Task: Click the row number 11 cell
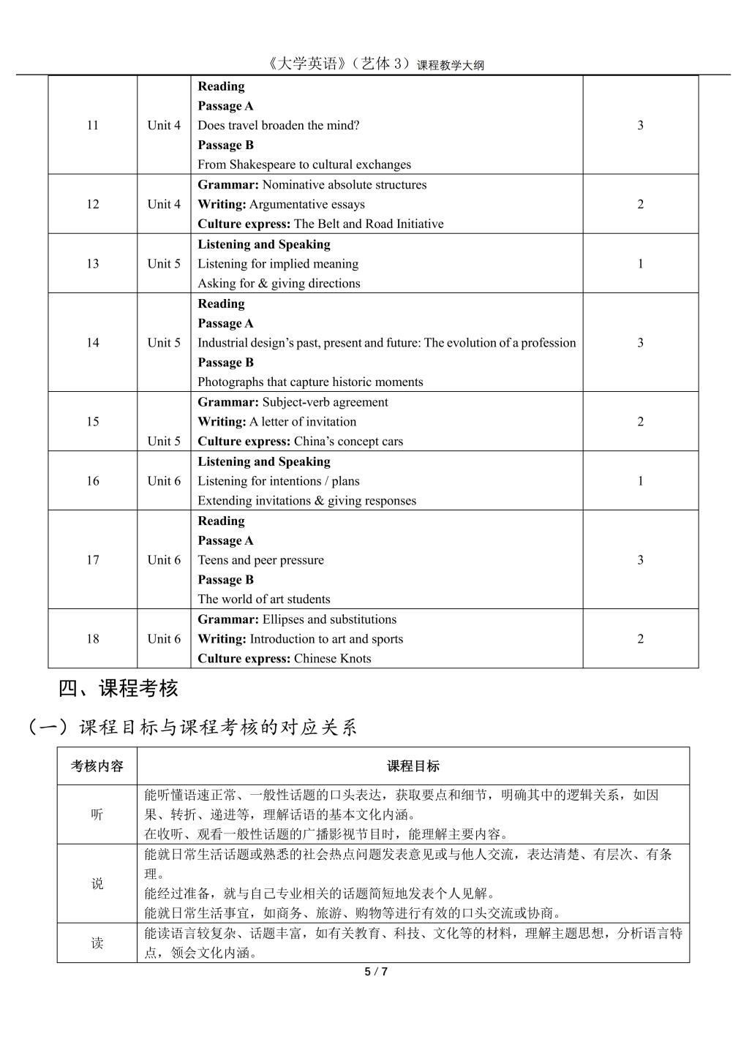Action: [x=92, y=125]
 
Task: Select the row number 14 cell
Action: [x=92, y=342]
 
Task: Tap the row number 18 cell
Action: [x=92, y=638]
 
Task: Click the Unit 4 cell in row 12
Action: [x=164, y=204]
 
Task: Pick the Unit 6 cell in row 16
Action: [x=164, y=480]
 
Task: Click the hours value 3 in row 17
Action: [x=640, y=559]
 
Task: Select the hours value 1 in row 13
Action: [x=640, y=263]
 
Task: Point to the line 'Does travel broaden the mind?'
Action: [x=279, y=125]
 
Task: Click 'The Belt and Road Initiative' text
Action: [x=369, y=224]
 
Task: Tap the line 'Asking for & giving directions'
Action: [x=279, y=283]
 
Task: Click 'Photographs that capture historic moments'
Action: [x=310, y=382]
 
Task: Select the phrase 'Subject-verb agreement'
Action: [x=325, y=402]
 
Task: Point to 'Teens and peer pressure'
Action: [x=260, y=560]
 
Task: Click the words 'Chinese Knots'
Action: [x=332, y=658]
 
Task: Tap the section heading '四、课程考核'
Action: [x=118, y=688]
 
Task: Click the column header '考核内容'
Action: [x=97, y=766]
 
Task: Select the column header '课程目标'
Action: [x=413, y=766]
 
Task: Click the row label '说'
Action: [x=97, y=883]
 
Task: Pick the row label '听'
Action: [x=97, y=815]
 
